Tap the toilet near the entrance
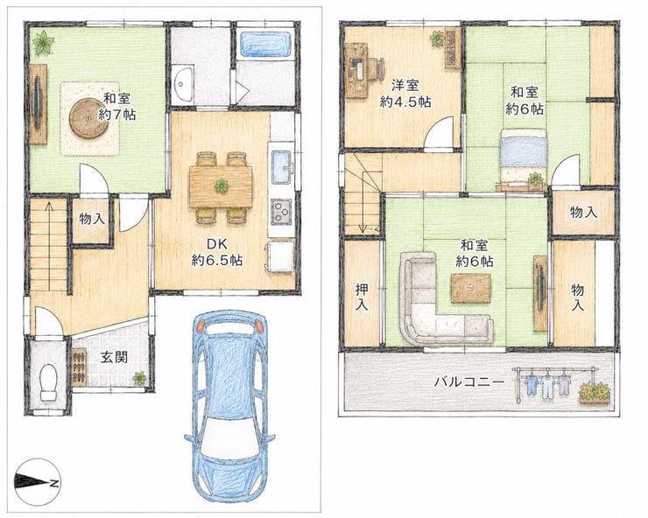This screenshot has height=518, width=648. click(49, 382)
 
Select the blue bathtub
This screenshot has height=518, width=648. click(264, 44)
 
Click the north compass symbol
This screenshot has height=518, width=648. click(38, 481)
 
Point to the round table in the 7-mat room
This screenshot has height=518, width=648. click(88, 118)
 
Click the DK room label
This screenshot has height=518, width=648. click(216, 252)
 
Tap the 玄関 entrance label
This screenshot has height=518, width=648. click(114, 358)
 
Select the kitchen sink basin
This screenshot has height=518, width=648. click(282, 167)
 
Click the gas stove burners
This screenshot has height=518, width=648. click(280, 212)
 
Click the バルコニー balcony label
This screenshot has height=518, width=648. click(469, 381)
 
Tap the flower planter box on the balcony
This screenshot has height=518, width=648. click(595, 394)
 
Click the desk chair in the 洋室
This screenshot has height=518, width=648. click(375, 68)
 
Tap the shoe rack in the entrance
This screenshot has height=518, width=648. click(79, 366)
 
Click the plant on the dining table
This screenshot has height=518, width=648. click(222, 186)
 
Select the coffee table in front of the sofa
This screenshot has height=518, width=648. click(471, 288)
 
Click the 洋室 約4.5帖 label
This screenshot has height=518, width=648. click(405, 94)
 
